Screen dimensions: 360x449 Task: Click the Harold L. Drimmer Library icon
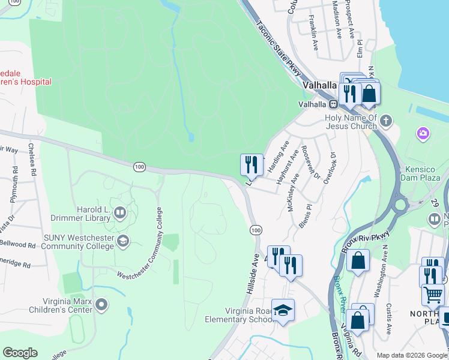click(x=120, y=213)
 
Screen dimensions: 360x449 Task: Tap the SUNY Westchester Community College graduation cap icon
click(x=122, y=241)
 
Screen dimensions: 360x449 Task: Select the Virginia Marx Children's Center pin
click(x=101, y=305)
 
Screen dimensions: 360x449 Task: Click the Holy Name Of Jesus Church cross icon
click(x=385, y=121)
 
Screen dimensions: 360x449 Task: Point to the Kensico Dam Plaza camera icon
click(x=423, y=133)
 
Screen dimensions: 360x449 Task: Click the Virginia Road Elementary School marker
click(x=282, y=310)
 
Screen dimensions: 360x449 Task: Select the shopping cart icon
click(x=433, y=294)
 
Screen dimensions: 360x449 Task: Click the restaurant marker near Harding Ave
click(x=252, y=164)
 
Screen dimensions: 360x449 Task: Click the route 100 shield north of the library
click(x=139, y=166)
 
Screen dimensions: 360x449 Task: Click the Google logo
click(x=20, y=353)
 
